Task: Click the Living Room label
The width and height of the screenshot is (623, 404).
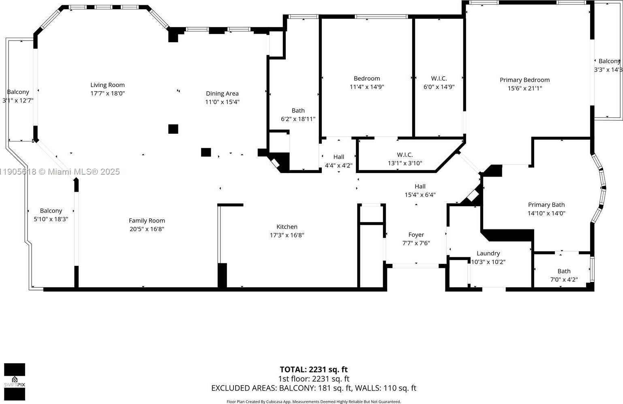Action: [107, 85]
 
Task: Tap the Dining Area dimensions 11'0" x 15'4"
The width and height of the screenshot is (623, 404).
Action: [222, 102]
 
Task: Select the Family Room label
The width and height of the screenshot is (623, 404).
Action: [147, 221]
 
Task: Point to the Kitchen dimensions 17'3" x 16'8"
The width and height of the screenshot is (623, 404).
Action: [287, 235]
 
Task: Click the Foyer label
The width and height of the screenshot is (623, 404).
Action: [416, 235]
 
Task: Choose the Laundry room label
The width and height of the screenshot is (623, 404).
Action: [488, 253]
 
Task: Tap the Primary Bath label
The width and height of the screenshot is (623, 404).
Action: [546, 205]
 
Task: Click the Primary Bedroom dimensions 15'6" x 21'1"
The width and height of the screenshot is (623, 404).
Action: [525, 88]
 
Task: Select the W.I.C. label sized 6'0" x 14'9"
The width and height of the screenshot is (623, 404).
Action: [439, 79]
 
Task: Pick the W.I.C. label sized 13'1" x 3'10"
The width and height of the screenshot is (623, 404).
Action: [405, 155]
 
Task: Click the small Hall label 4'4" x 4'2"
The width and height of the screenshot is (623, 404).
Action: [338, 157]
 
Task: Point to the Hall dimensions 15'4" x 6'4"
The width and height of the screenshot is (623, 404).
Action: [420, 195]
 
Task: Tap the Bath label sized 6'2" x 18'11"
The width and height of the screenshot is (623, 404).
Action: [298, 111]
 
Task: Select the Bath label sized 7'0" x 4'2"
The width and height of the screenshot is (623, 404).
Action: [564, 271]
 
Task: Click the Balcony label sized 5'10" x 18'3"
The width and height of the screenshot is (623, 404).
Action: [51, 211]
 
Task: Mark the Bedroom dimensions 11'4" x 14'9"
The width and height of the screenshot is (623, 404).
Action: [367, 87]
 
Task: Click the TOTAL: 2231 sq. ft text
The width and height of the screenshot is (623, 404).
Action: [313, 370]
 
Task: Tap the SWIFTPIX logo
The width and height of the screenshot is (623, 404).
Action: [15, 382]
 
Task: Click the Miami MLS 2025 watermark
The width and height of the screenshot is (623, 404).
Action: [61, 172]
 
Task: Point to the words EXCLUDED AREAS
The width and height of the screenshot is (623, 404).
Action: [244, 388]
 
